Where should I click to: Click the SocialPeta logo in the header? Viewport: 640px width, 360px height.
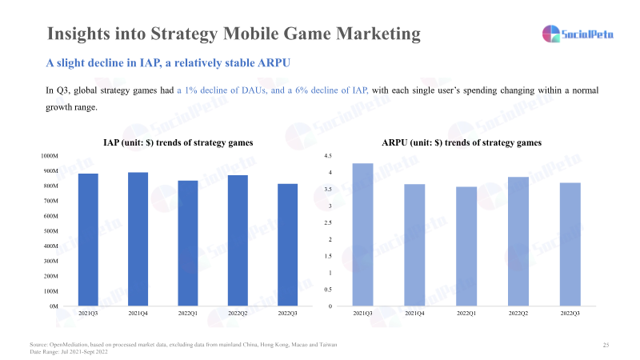coord(578,34)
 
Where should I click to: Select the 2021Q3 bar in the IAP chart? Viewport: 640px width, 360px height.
coord(88,240)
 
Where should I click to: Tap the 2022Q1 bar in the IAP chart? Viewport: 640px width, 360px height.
coord(188,243)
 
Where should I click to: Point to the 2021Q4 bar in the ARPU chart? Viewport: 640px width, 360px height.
coord(414,245)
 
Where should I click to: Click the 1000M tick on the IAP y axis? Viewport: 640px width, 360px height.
coord(49,156)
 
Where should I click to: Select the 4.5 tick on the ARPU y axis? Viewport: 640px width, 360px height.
coord(327,156)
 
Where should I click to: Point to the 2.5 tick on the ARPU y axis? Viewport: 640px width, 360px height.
coord(327,223)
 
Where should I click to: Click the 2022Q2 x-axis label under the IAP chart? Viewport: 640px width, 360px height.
coord(238,314)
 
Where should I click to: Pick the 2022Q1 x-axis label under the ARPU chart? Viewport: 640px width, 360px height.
coord(466,314)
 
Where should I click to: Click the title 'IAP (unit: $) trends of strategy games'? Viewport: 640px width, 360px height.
coord(178,142)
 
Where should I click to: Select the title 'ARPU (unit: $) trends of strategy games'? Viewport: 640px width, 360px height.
coord(462,142)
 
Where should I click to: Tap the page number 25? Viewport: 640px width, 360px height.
coord(606,345)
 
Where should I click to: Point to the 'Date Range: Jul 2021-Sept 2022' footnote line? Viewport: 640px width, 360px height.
coord(68,352)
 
